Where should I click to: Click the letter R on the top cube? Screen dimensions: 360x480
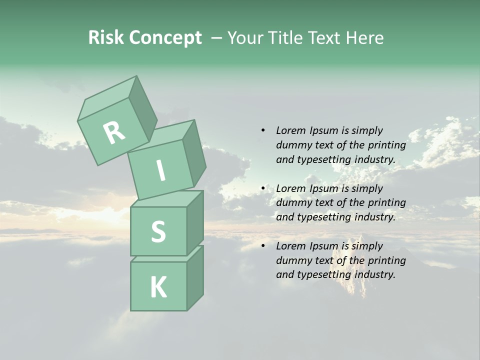tap(114, 133)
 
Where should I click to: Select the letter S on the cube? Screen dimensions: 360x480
tap(158, 232)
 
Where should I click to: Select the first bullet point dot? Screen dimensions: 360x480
tap(262, 130)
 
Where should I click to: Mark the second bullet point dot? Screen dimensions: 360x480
tap(262, 188)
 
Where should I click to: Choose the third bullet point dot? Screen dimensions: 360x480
tap(262, 246)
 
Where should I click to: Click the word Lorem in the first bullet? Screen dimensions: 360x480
tap(291, 130)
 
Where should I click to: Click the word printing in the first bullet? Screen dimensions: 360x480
tap(387, 145)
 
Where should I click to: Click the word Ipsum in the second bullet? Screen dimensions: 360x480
tap(324, 188)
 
